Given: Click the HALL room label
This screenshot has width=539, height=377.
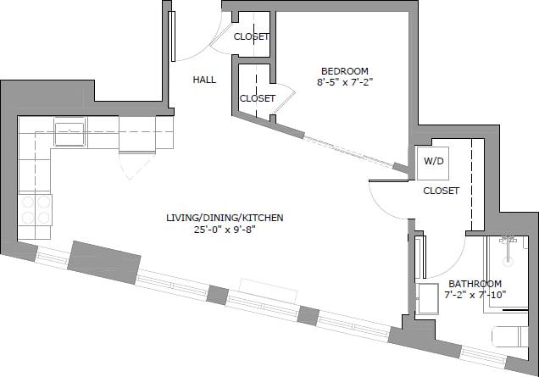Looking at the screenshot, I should click(x=204, y=80).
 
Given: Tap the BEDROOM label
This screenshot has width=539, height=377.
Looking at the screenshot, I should click(x=344, y=70).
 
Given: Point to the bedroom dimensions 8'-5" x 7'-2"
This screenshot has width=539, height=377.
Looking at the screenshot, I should click(x=344, y=82).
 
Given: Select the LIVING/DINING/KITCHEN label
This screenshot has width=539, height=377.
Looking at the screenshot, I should click(x=225, y=218).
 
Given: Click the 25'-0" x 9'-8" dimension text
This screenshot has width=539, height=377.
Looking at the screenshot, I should click(x=225, y=230).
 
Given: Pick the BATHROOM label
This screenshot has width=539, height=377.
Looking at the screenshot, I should click(x=475, y=284).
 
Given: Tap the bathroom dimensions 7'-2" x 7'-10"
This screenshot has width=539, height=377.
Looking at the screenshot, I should click(x=475, y=295).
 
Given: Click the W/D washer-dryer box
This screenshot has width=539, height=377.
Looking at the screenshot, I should click(x=432, y=161).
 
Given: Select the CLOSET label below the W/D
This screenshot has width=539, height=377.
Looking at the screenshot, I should click(x=441, y=191).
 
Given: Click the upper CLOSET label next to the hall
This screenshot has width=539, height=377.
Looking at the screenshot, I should click(x=251, y=36).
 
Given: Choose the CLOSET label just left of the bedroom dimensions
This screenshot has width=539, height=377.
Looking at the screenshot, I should click(x=257, y=98).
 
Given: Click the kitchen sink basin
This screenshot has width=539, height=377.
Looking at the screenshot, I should click(x=69, y=133).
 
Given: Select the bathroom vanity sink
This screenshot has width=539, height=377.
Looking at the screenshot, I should click(x=425, y=298).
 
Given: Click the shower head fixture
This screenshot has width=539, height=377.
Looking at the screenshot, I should click(x=508, y=241).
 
